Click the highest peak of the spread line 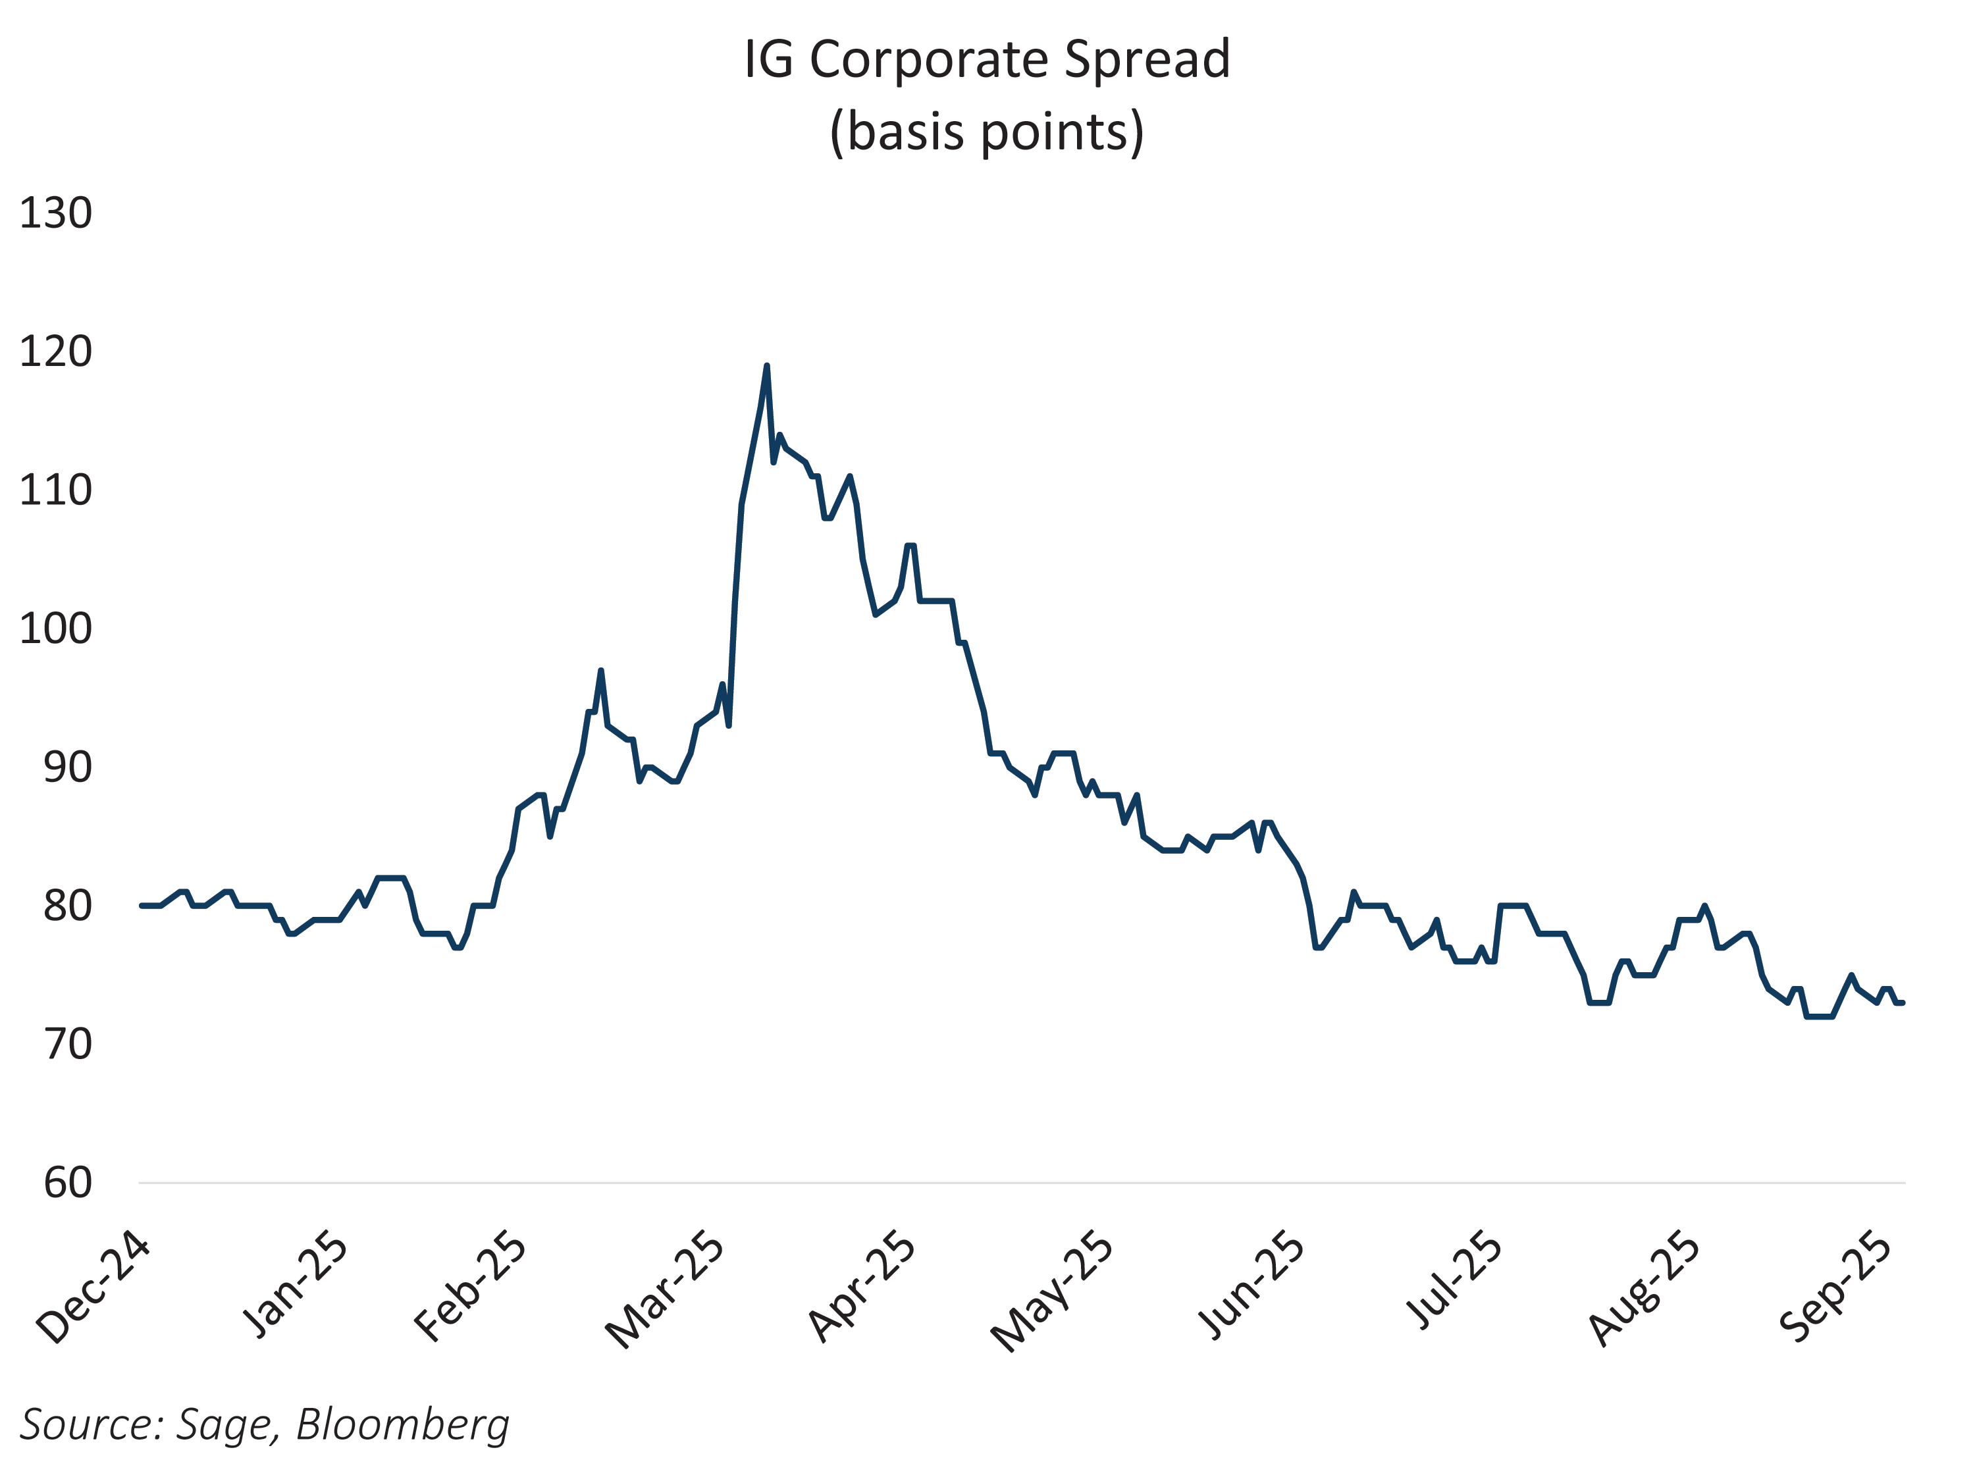pyautogui.click(x=766, y=367)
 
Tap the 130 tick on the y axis pyautogui.click(x=55, y=214)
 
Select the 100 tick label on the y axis pyautogui.click(x=55, y=629)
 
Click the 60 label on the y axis pyautogui.click(x=68, y=1183)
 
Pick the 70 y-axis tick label pyautogui.click(x=68, y=1045)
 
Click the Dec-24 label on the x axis pyautogui.click(x=93, y=1288)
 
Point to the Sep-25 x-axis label pyautogui.click(x=1835, y=1287)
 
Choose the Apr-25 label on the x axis pyautogui.click(x=862, y=1287)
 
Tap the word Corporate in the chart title pyautogui.click(x=928, y=60)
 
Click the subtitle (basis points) pyautogui.click(x=987, y=132)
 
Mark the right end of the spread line pyautogui.click(x=1903, y=1002)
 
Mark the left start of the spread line pyautogui.click(x=141, y=905)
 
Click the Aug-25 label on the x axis pyautogui.click(x=1645, y=1288)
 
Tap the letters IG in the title pyautogui.click(x=768, y=60)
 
